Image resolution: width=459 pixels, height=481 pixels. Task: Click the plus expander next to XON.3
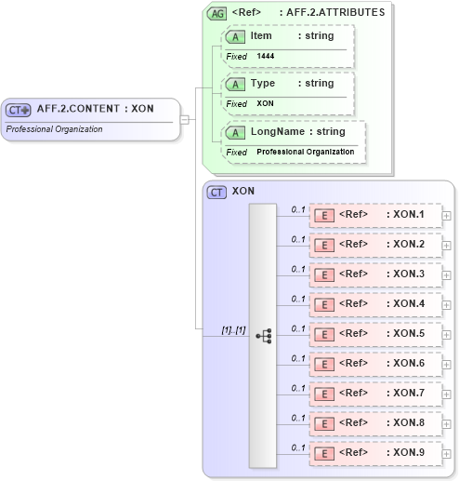point(447,275)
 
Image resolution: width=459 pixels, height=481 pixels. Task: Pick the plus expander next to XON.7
point(447,394)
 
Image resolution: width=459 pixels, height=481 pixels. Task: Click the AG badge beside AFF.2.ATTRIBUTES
point(216,13)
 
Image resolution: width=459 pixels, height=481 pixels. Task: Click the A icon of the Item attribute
point(236,36)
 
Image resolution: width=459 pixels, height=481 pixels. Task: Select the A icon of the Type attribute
point(236,85)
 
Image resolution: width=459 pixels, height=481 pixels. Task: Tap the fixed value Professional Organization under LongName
point(305,152)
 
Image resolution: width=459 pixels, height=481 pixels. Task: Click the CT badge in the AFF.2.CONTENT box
point(19,109)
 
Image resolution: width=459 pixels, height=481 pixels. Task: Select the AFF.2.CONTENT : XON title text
point(95,109)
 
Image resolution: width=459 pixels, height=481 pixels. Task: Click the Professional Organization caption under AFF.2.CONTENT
point(54,128)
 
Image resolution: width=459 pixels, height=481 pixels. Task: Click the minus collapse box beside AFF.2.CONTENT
point(185,119)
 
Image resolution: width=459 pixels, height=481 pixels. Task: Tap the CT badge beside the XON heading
point(216,193)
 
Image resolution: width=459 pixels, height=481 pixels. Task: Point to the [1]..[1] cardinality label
point(233,329)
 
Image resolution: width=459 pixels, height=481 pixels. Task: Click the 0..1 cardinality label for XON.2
point(298,239)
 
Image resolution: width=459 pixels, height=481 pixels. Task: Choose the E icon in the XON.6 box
point(325,365)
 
